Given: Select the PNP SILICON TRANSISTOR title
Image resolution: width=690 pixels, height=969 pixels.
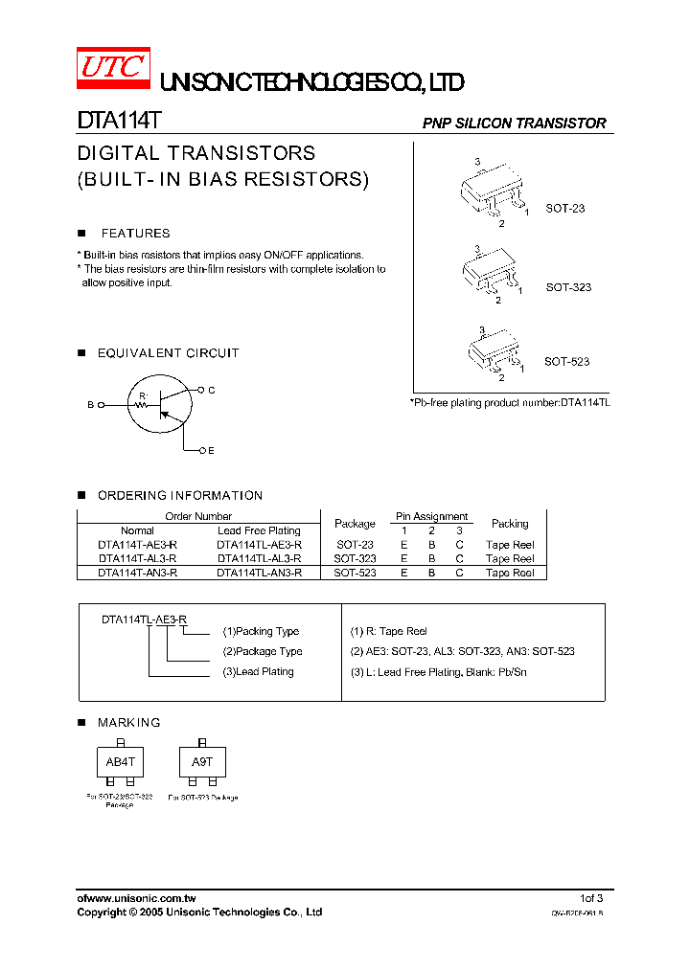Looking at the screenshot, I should click(x=515, y=124).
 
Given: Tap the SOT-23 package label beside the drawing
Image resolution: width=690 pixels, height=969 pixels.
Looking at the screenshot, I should click(x=564, y=208).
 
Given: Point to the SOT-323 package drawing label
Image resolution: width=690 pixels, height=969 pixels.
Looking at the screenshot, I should click(x=568, y=287).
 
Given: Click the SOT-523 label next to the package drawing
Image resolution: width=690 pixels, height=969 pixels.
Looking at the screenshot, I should click(x=566, y=361).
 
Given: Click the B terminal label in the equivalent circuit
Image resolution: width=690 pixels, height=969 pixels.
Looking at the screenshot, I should click(x=91, y=405).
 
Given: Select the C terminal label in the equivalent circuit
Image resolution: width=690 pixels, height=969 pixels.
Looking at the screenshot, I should click(x=211, y=390).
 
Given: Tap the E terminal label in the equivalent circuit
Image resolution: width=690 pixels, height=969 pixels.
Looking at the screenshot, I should click(x=211, y=450).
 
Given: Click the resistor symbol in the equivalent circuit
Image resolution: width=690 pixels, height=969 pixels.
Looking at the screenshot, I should click(x=143, y=405).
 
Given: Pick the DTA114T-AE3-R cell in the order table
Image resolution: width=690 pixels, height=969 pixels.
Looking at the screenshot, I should click(x=137, y=544).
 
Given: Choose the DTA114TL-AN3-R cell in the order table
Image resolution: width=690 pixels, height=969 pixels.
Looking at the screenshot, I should click(x=259, y=573).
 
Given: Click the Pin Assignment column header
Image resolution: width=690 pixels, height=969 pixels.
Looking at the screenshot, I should click(x=431, y=516).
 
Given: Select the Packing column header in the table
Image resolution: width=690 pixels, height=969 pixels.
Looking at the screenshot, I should click(x=510, y=524).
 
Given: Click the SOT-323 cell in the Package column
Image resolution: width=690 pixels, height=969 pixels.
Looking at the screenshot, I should click(x=355, y=558).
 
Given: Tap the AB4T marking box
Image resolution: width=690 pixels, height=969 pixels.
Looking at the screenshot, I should click(x=120, y=762).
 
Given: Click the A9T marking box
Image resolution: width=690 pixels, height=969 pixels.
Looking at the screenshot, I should click(x=202, y=762).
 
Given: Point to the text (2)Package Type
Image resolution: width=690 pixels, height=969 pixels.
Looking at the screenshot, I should click(x=263, y=651).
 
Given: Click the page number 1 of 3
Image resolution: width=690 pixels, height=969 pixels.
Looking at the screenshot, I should click(x=591, y=898).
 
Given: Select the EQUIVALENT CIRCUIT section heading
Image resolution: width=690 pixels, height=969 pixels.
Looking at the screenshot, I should click(x=168, y=353).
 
